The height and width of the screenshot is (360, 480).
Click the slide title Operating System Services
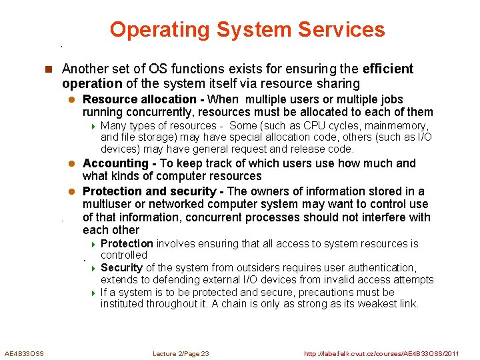247,29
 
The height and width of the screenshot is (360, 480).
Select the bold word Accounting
115,163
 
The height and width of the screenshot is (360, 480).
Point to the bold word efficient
388,69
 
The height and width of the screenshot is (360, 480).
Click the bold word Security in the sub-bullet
121,268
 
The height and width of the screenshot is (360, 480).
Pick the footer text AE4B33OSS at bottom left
24,353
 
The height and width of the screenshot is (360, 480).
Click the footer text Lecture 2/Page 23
181,353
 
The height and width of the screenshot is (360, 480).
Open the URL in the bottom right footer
381,353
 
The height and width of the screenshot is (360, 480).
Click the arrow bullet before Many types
93,126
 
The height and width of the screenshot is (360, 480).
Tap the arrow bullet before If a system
93,293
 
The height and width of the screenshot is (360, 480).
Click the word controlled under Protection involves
124,255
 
